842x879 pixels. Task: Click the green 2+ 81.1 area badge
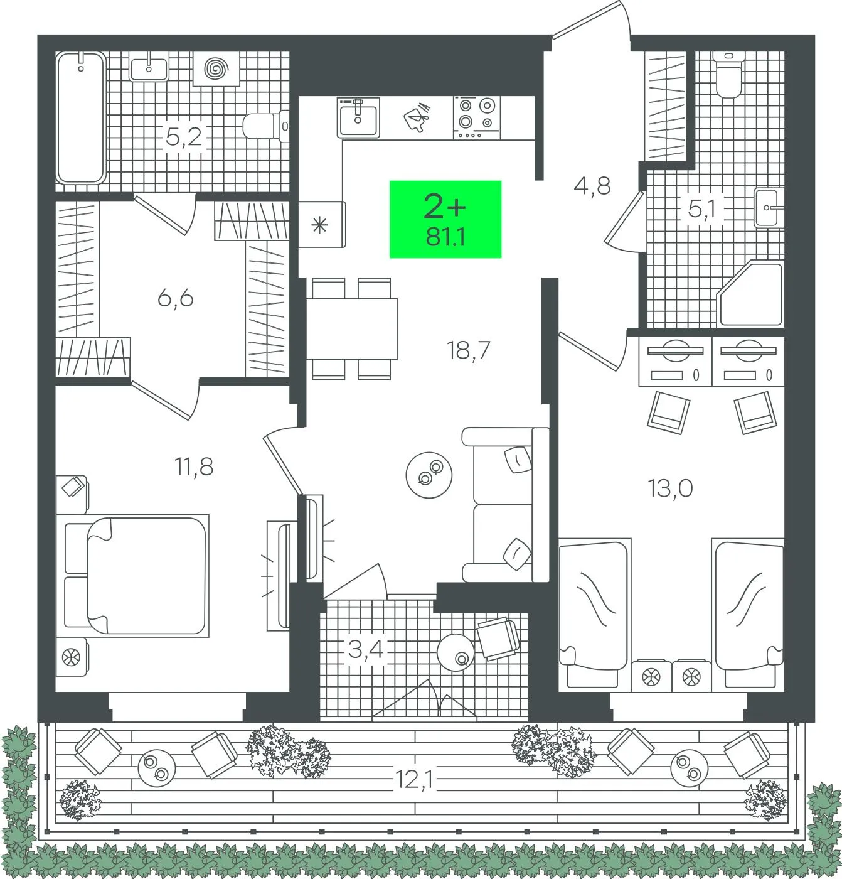tap(445, 219)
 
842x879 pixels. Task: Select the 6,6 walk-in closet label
tap(175, 299)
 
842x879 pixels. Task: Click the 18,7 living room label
tap(468, 350)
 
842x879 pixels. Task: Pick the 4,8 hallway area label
tap(592, 186)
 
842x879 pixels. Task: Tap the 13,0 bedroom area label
tap(670, 488)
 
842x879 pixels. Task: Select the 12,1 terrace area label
tap(414, 779)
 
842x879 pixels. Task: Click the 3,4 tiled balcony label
tap(366, 650)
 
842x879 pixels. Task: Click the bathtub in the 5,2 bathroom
tap(81, 117)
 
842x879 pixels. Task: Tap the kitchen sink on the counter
tap(358, 117)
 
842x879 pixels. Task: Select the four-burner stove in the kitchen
tap(477, 118)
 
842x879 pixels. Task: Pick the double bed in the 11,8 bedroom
tap(133, 576)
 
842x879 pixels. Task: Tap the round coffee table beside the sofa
tap(429, 475)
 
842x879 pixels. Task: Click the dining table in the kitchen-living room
tap(352, 328)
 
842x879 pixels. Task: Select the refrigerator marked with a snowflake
tap(321, 224)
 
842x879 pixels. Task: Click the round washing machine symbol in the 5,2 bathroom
tap(216, 68)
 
